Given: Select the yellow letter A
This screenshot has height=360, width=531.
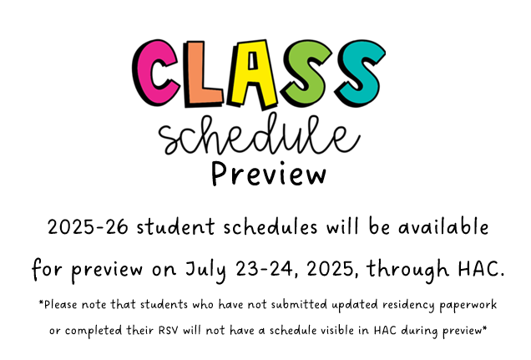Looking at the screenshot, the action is tap(252, 74).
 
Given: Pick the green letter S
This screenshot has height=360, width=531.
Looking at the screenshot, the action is tap(306, 72).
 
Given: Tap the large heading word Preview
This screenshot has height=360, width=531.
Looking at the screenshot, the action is tap(269, 174).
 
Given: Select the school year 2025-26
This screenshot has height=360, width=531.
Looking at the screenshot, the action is tap(88, 226).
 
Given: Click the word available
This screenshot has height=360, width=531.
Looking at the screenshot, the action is tap(443, 226).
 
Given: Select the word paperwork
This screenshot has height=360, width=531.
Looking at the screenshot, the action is tap(468, 305).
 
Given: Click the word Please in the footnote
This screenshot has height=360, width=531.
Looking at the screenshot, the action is tap(58, 305).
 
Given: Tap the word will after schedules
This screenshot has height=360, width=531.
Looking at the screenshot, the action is tap(342, 226).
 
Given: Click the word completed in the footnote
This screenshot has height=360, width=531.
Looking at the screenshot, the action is tap(94, 331).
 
